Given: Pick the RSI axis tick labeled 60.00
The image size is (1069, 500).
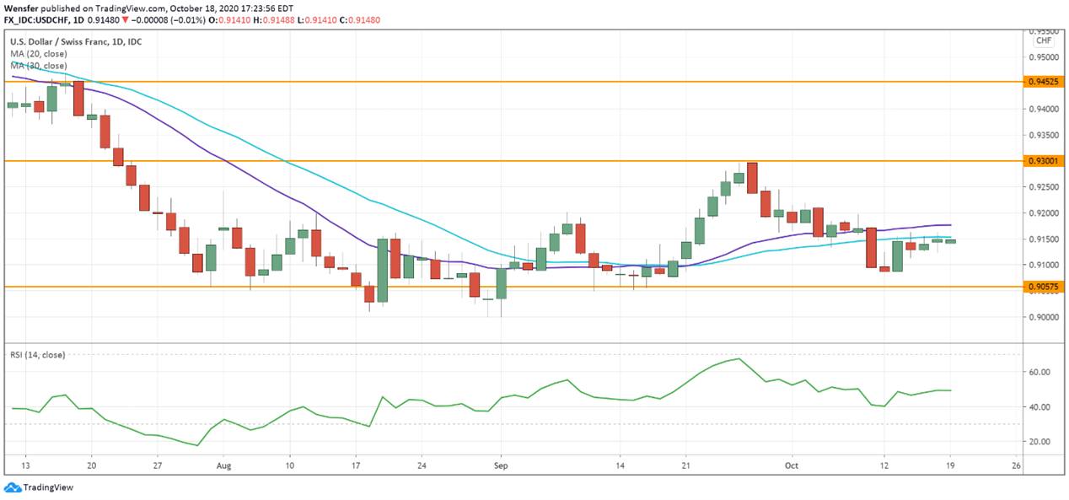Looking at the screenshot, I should (1039, 372).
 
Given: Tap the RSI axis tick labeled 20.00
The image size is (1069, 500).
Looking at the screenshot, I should (1039, 442).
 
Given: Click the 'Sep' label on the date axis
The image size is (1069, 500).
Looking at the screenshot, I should (501, 465).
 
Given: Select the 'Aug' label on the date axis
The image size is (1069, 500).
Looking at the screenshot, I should (223, 465).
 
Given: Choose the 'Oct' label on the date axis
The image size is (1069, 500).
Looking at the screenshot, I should (791, 465).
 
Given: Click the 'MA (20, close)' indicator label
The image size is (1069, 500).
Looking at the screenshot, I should (38, 53).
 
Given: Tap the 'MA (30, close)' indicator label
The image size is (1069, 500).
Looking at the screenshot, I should (38, 65).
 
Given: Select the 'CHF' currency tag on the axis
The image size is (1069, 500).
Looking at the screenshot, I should (1044, 40).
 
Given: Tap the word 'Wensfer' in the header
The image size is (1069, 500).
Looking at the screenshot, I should (20, 6).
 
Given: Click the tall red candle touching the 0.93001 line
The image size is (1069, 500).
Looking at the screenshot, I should (752, 178).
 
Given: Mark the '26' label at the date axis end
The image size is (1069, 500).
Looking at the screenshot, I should (1016, 465).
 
